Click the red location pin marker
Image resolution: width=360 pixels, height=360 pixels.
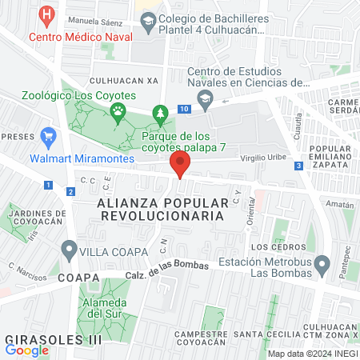[x=180, y=164]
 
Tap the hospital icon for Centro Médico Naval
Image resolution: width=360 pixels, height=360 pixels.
[x=48, y=14]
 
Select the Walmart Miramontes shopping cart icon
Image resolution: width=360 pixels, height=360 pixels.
[x=48, y=137]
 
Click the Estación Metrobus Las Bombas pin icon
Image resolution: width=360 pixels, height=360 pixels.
[x=322, y=263]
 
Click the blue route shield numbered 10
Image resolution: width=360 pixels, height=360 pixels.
[x=185, y=109]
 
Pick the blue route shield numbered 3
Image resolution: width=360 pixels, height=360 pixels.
[x=298, y=166]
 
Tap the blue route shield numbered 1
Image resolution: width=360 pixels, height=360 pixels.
[x=49, y=185]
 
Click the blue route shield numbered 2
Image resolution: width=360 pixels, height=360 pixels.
[x=70, y=191]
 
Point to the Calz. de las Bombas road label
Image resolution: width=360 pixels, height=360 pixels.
[x=166, y=270]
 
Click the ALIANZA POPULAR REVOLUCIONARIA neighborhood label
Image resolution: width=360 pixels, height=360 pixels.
[x=159, y=210]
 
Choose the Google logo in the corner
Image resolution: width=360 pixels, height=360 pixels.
[x=26, y=349]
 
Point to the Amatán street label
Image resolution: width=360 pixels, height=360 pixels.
[x=339, y=205]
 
